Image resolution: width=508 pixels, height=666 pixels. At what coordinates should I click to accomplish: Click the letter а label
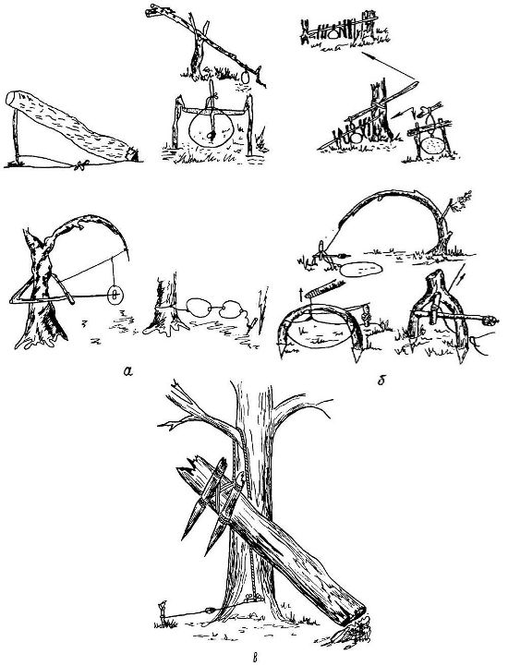[x=127, y=371]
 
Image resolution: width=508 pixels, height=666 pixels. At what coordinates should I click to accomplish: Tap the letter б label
[x=381, y=381]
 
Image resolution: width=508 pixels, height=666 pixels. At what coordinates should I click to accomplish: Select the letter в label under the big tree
[x=255, y=659]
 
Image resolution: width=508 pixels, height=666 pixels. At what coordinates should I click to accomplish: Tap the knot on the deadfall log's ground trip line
[x=80, y=164]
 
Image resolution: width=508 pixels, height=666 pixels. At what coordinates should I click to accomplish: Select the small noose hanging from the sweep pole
[x=245, y=78]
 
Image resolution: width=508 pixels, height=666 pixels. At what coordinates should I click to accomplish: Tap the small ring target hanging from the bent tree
[x=115, y=295]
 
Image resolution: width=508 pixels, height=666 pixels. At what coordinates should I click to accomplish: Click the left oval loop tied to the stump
[x=197, y=308]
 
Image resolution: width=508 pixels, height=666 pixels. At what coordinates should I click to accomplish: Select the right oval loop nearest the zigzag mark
[x=232, y=309]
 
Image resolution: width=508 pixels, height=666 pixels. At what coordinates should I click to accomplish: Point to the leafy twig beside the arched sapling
[x=461, y=200]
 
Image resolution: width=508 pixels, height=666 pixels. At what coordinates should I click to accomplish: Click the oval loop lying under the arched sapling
[x=361, y=270]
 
